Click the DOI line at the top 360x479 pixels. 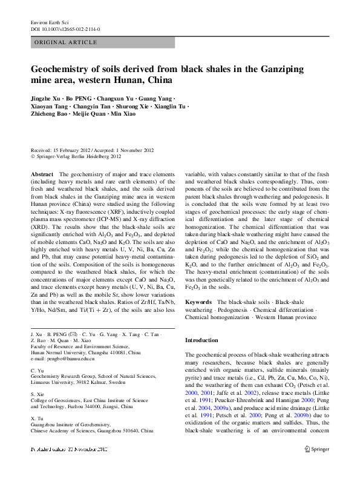(65, 28)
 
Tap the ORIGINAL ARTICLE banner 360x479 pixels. (67, 42)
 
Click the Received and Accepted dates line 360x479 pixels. (92, 150)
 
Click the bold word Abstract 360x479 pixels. (42, 174)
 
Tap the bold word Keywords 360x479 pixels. (198, 301)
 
